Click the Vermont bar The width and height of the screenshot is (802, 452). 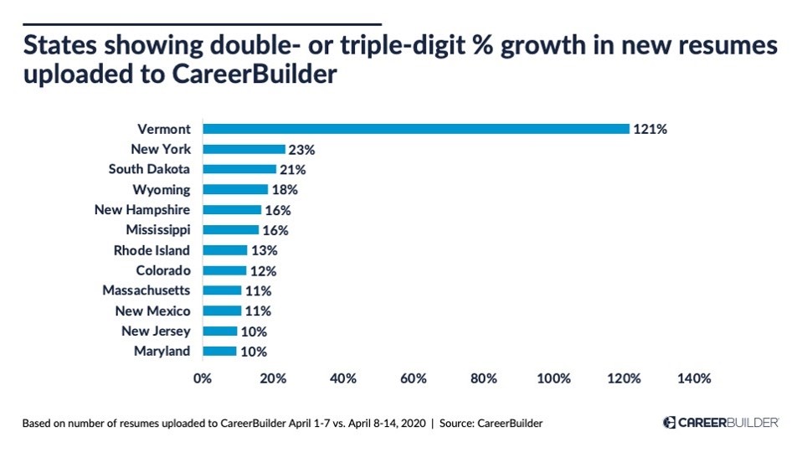[415, 129]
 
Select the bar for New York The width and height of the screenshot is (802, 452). [244, 149]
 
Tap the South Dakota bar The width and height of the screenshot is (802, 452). [239, 169]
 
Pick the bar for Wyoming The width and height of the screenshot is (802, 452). [235, 189]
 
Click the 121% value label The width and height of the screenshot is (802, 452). [650, 129]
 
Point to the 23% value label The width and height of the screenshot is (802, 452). [301, 150]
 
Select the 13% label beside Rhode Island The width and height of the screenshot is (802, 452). [264, 250]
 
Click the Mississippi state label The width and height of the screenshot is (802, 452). [158, 229]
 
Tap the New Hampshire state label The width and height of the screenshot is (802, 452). [142, 209]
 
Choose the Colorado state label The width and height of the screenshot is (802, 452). [163, 270]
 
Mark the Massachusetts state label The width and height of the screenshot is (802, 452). [147, 290]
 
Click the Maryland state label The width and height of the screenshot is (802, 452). [162, 351]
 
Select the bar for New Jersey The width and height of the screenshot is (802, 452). [220, 331]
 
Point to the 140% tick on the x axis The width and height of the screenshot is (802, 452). [694, 378]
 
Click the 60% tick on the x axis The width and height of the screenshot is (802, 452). [413, 378]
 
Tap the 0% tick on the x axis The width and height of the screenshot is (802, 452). [203, 378]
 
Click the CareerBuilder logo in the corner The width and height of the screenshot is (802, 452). [721, 423]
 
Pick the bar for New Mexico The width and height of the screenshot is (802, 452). [222, 311]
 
